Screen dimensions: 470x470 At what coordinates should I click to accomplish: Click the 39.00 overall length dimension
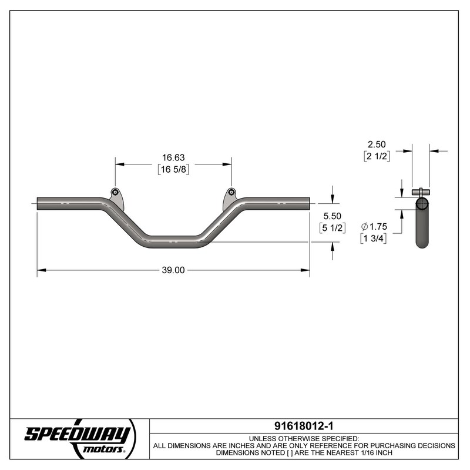click(173, 270)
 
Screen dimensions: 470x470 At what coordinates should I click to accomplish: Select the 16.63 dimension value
click(173, 157)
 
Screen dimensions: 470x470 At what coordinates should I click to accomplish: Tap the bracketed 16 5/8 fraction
click(173, 169)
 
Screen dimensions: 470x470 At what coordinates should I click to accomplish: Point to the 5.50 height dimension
click(332, 216)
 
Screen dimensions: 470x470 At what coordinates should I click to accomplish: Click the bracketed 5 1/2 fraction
click(332, 228)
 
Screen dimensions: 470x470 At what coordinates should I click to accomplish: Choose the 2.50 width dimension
click(377, 144)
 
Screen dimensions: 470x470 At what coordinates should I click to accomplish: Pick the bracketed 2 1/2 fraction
click(377, 156)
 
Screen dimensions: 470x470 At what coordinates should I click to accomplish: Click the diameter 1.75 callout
click(374, 226)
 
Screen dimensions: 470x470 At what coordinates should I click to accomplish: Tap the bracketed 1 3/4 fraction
click(373, 239)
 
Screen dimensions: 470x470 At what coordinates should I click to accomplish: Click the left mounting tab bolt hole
click(115, 192)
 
